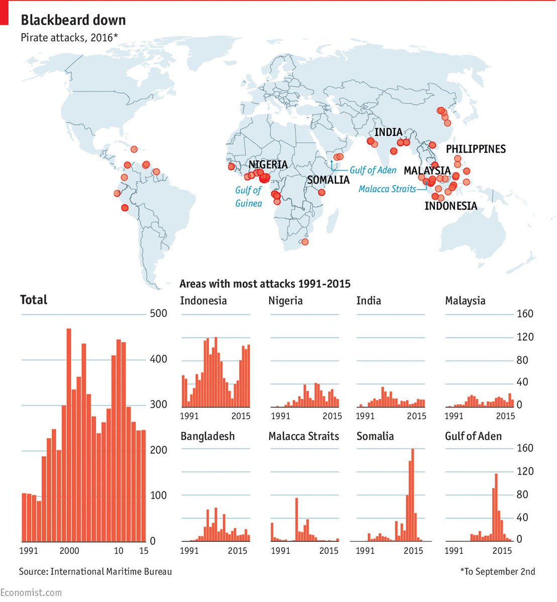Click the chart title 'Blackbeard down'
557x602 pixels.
[73, 20]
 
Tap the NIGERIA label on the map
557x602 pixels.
[268, 165]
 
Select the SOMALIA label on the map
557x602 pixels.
[328, 180]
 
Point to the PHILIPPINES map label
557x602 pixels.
[476, 149]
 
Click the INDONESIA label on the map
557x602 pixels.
[451, 206]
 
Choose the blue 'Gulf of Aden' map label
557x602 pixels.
[373, 170]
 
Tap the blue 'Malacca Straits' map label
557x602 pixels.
[387, 189]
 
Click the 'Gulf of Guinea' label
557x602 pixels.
[249, 197]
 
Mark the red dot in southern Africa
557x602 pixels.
[305, 242]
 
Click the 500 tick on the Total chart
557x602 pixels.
[159, 314]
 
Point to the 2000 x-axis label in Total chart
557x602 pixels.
[69, 550]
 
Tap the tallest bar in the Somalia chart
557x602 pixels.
[413, 495]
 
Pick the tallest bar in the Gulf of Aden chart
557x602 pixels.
[496, 507]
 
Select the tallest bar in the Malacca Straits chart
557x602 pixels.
[296, 519]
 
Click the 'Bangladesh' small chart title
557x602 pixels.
[207, 436]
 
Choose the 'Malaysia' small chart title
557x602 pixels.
[465, 301]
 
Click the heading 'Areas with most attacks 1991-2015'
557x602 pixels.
[265, 284]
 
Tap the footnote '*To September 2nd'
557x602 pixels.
[497, 571]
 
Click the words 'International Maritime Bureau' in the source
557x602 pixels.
[111, 571]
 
